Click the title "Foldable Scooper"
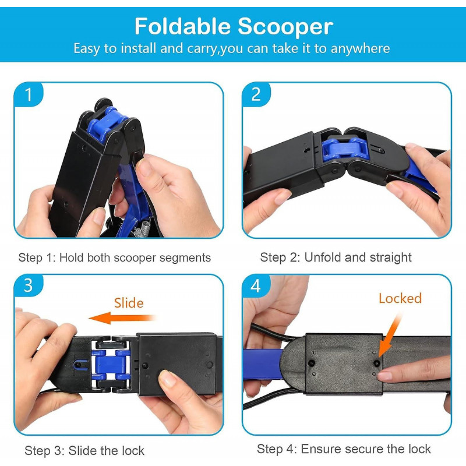tap(233, 26)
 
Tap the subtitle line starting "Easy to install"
tap(231, 48)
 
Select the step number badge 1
tap(29, 95)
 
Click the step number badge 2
tap(256, 95)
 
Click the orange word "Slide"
tap(129, 303)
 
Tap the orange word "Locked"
tap(400, 299)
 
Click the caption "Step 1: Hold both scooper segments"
tap(115, 257)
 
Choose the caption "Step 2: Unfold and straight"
tap(336, 257)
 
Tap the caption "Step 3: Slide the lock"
tap(84, 450)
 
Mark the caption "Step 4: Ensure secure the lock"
tap(344, 449)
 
